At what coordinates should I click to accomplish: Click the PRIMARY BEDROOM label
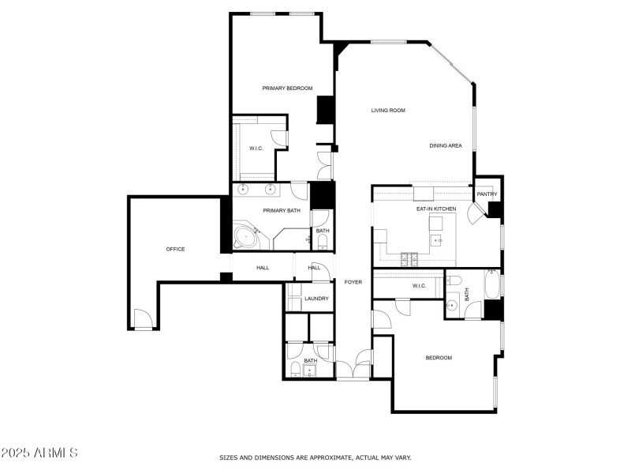coord(287,88)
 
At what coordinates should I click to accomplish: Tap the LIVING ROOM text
coord(388,111)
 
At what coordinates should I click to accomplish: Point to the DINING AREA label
coord(446,145)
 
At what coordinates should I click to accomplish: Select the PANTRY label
coord(487,194)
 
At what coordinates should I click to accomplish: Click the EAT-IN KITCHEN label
coord(436,209)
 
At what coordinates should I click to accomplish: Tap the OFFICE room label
coord(175,249)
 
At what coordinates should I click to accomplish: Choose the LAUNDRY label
coord(316,299)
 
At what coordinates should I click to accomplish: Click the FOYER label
coord(353,281)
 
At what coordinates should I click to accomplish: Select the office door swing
coord(143,320)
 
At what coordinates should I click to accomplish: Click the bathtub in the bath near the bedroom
coord(492,285)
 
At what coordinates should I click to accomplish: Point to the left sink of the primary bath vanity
coord(245,190)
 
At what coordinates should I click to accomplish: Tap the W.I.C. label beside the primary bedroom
coord(256,149)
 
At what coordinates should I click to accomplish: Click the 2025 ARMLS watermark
coord(39,453)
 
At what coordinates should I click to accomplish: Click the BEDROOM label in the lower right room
coord(439,358)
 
